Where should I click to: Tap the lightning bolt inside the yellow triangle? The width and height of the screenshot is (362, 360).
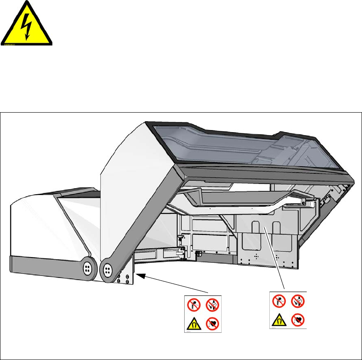click(27, 26)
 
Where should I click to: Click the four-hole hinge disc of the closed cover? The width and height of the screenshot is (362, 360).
click(87, 267)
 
